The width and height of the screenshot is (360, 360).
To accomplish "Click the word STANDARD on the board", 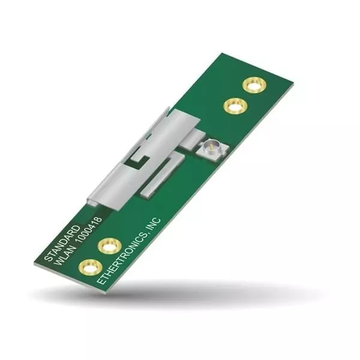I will click(x=61, y=241).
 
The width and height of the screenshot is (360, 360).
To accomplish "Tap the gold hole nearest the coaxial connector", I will click(x=235, y=106).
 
